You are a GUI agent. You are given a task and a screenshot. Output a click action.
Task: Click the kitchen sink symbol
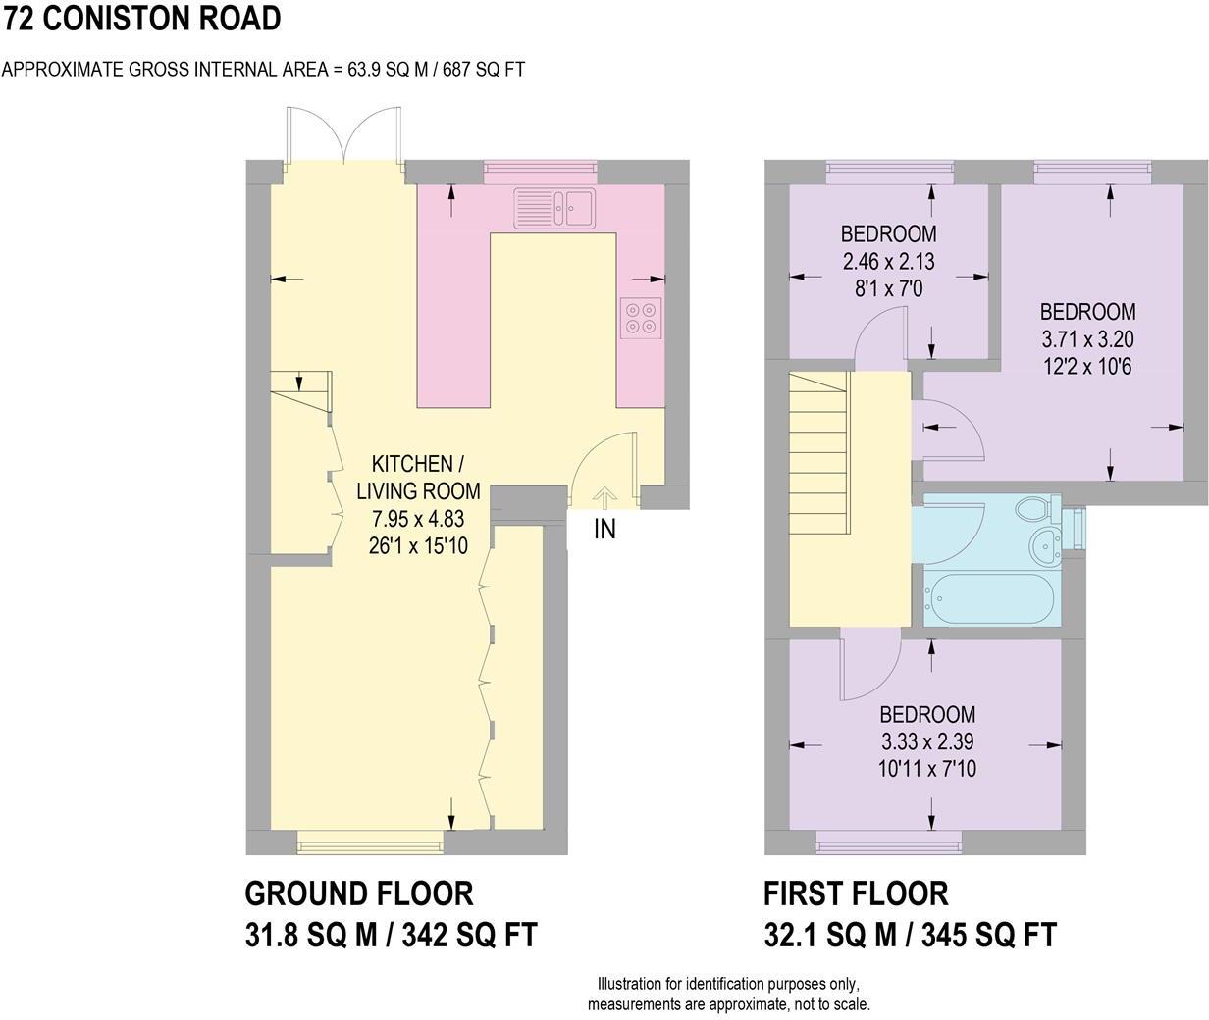coord(553,207)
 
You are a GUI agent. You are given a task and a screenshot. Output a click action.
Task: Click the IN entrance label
coord(604,530)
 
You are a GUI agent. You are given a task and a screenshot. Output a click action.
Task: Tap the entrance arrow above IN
coord(604,497)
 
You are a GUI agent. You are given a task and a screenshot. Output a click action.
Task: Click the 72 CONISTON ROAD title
coord(142,18)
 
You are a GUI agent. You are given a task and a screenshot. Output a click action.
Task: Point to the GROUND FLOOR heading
coord(358,893)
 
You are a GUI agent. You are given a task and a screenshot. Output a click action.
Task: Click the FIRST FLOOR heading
coord(856,893)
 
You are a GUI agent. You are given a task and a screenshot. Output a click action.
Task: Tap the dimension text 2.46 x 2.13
coord(888,262)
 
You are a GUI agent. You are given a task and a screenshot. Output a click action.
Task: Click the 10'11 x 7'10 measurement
coord(927,769)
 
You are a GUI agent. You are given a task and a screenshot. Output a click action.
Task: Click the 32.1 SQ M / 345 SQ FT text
coord(910,935)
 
